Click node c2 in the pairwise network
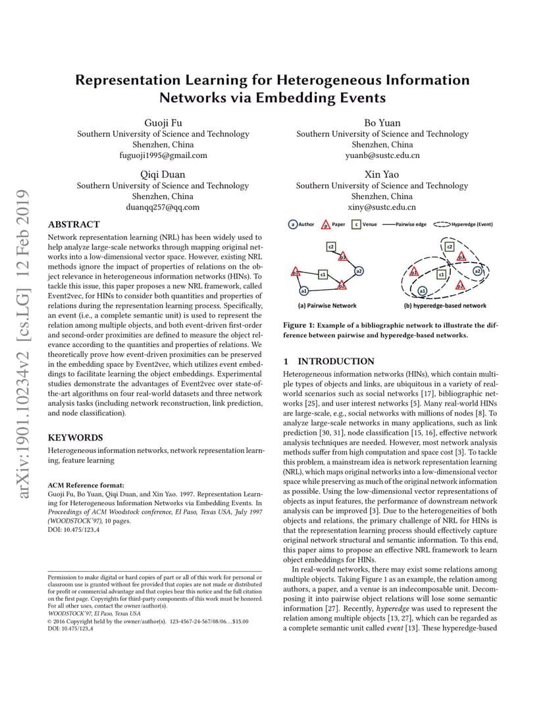coord(331,246)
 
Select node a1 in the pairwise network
coord(303,290)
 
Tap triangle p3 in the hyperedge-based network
coord(461,256)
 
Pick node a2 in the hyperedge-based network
coord(477,271)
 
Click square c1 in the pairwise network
coord(323,273)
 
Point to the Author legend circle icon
coord(293,225)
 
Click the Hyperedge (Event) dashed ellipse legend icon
coord(442,225)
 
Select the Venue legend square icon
coord(356,225)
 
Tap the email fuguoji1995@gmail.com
coord(163,155)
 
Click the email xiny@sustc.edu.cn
coord(382,207)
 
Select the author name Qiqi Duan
coord(163,175)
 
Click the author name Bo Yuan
coord(382,122)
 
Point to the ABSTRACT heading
coord(74,225)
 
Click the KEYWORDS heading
coord(76,437)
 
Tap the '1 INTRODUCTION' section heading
coord(328,362)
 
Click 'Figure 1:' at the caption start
coord(299,325)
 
